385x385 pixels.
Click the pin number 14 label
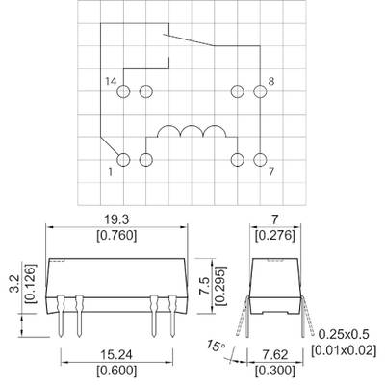(111, 81)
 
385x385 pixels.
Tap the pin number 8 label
(271, 81)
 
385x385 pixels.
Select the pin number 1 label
(111, 172)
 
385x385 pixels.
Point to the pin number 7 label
(271, 172)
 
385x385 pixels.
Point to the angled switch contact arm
(189, 39)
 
